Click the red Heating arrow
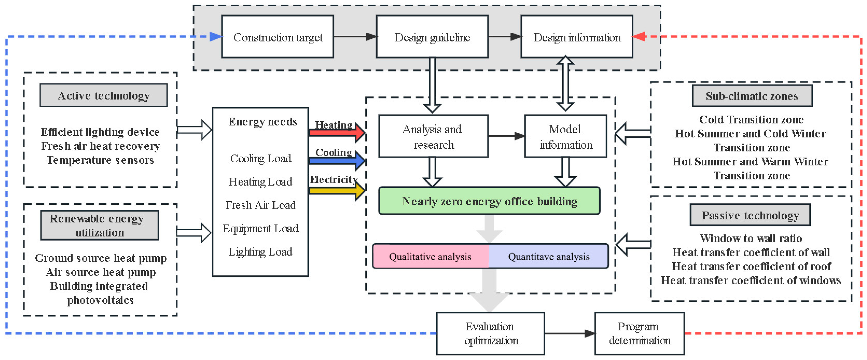point(336,132)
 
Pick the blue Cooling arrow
point(336,161)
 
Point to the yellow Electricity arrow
point(336,191)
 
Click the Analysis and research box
point(433,136)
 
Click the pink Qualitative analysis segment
point(430,256)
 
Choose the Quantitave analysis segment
point(549,256)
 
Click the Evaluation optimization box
point(490,333)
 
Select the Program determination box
point(639,333)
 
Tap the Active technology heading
point(103,95)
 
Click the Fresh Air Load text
point(260,205)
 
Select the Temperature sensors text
point(100,160)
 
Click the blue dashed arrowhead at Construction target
point(215,36)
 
